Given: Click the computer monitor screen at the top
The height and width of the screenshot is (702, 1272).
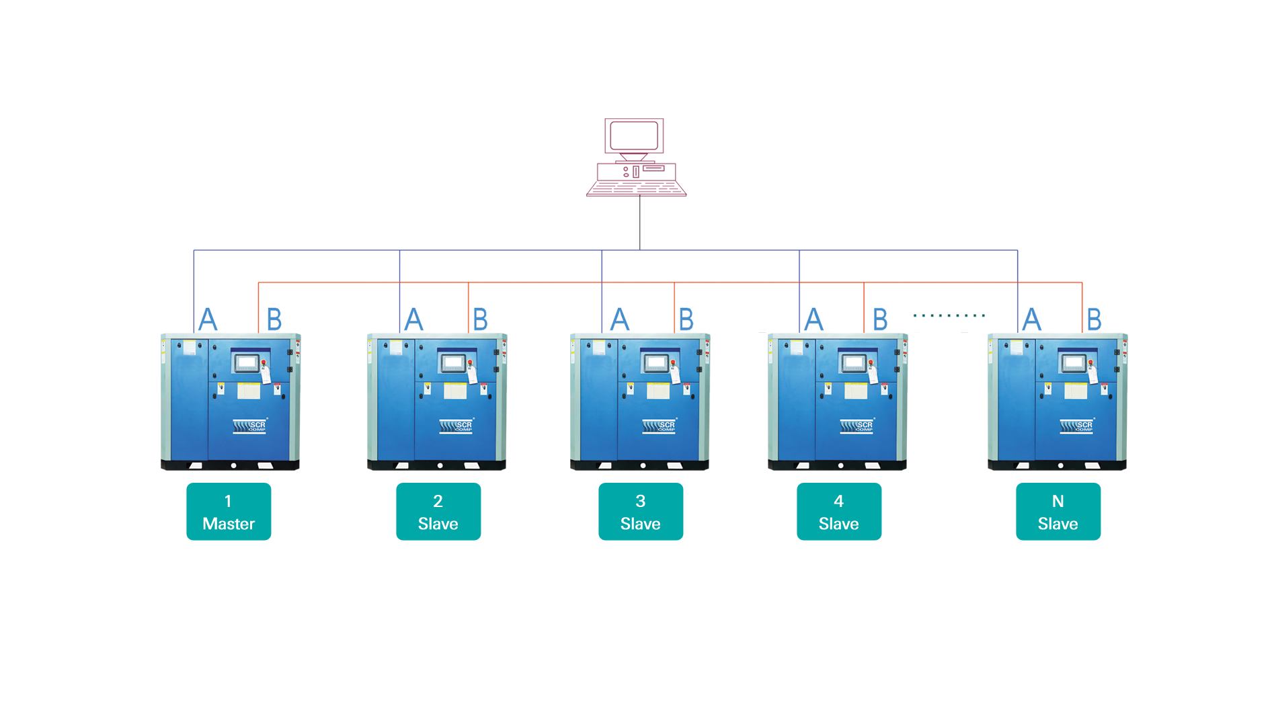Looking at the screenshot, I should coord(634,136).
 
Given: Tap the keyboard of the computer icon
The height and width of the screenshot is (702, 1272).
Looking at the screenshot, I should coord(636,188).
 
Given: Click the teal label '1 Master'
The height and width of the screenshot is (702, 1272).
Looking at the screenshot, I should coord(229,512).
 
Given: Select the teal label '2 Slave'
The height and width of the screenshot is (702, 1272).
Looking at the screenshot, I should coord(438,512).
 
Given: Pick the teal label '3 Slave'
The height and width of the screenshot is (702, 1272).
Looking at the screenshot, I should coord(641,512).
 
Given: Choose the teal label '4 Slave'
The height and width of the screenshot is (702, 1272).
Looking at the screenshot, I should coord(839,512).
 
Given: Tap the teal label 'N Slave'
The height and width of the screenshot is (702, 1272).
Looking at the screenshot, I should coord(1058,512).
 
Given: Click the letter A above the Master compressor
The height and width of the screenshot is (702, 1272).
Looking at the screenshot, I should coord(208,319).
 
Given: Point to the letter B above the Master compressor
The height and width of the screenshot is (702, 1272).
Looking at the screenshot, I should coord(274,319).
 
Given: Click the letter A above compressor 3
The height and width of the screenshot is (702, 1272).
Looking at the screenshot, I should coord(620,319).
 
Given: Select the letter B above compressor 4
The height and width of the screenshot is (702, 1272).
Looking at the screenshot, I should coord(880,319).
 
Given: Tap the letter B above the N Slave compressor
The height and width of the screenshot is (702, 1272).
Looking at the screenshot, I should coord(1095,319).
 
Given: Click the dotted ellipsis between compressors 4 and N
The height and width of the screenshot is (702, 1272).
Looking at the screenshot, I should coord(949,315).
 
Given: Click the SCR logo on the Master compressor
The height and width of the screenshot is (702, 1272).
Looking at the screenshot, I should coord(250,426).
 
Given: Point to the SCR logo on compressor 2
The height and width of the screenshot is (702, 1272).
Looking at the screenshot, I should coord(456,426).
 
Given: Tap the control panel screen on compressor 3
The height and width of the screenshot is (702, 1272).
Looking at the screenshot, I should coord(655,363).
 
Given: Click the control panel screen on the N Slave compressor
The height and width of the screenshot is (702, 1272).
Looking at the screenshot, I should coord(1074,363).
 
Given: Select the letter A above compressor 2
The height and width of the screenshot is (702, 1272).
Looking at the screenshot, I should coord(414,319).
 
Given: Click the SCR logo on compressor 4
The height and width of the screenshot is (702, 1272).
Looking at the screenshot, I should coord(857,426).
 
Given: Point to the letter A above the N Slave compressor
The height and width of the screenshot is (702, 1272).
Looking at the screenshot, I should coord(1032,319).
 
